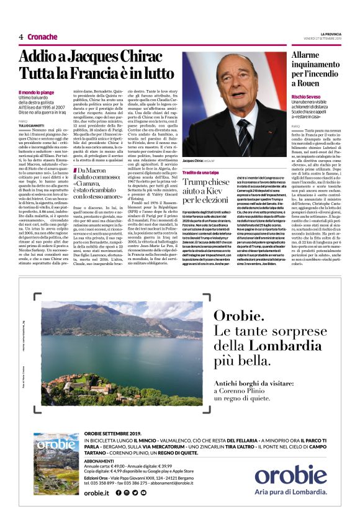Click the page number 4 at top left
point(21,37)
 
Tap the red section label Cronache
point(43,37)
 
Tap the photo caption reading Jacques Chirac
point(196,161)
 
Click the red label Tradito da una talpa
point(200,171)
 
